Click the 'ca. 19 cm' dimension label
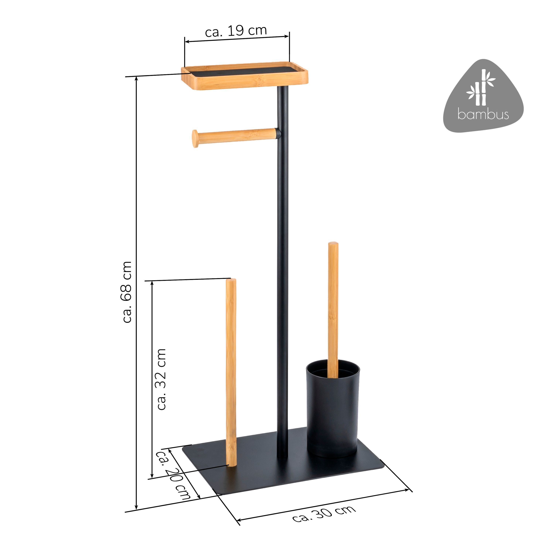pyautogui.click(x=236, y=31)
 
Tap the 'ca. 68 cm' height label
pyautogui.click(x=126, y=292)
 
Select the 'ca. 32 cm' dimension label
pyautogui.click(x=161, y=379)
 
